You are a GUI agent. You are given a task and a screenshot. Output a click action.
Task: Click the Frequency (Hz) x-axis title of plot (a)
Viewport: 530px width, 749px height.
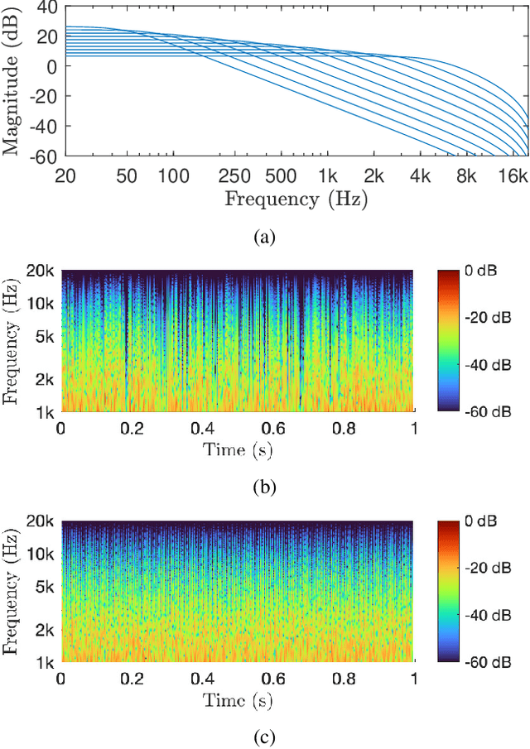[x=296, y=199]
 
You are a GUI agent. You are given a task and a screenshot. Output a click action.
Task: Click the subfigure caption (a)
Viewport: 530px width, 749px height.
[x=264, y=238]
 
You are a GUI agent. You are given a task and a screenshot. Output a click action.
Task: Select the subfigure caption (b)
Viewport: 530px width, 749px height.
[x=264, y=487]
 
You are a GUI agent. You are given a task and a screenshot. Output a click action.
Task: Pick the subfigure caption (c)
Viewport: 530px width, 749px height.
[x=264, y=737]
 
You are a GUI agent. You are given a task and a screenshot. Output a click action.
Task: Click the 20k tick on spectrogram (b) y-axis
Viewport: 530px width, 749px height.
[x=39, y=271]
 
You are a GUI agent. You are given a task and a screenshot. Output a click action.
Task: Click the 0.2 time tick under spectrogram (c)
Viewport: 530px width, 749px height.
[x=132, y=679]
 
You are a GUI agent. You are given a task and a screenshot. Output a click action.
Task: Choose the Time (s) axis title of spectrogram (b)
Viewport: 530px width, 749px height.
[x=238, y=451]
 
